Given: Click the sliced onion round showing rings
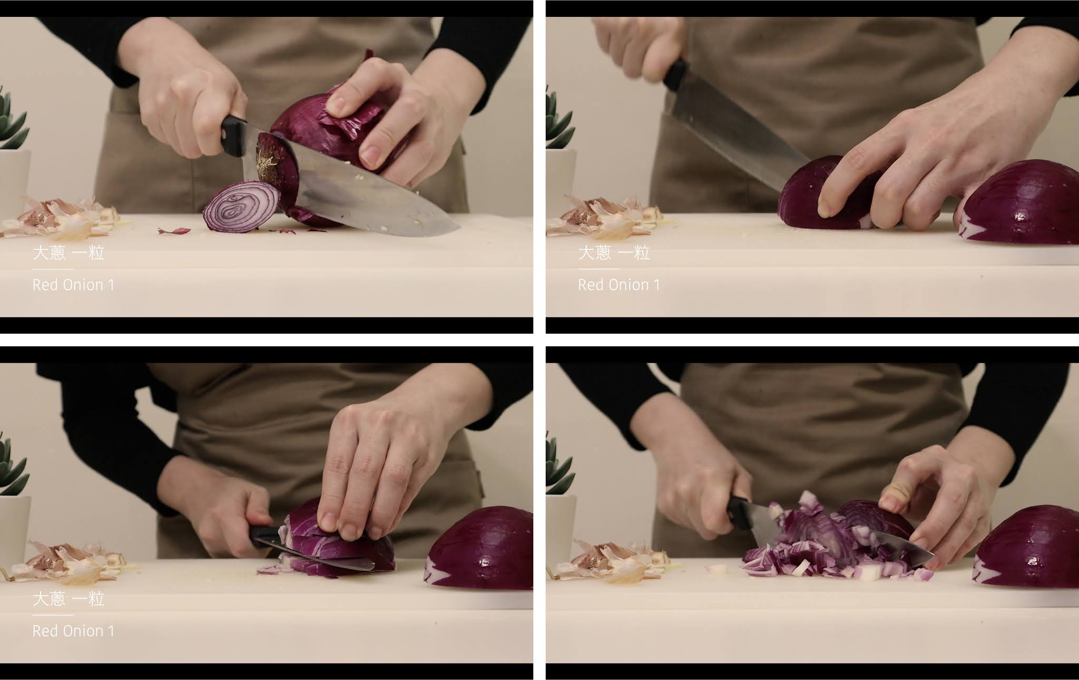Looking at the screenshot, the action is pos(241,207).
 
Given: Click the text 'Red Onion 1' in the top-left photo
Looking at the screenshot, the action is pos(73,285).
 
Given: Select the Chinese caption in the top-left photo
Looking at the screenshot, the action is pos(68,253).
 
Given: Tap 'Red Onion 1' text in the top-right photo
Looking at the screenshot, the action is pos(619,285).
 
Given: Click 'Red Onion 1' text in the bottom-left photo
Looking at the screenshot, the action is pos(73,631).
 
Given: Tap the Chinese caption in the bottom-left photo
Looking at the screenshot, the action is pos(68,599).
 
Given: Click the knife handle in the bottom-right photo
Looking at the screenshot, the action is pos(739,512).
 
